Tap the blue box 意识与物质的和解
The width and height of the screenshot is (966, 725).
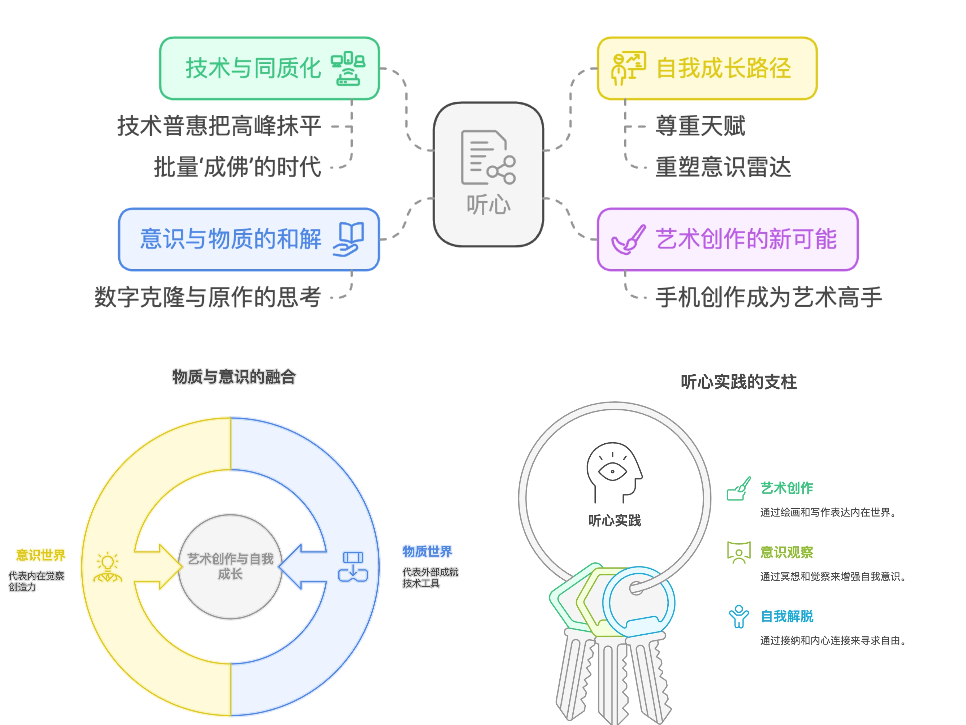click(x=249, y=239)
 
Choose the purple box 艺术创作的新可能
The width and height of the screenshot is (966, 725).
click(x=728, y=239)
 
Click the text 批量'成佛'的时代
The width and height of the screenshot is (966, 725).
click(x=237, y=167)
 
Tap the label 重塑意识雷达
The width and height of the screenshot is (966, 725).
click(x=723, y=167)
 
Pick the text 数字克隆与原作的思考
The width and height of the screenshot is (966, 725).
click(x=208, y=297)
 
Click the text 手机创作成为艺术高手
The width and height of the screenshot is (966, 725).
click(x=769, y=297)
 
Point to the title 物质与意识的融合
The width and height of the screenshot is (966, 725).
click(x=234, y=377)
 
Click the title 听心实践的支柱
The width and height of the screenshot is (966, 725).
click(x=738, y=382)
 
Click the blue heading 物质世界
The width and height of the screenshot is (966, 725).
click(x=427, y=551)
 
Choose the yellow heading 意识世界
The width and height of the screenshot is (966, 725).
click(x=41, y=555)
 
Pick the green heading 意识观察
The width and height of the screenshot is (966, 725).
click(x=787, y=552)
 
